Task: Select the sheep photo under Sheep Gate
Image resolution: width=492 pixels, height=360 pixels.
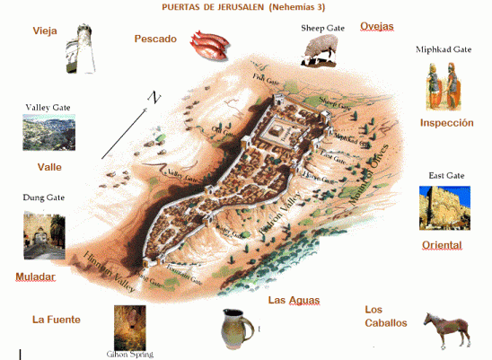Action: pos(320,49)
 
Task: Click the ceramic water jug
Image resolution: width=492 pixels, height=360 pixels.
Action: pos(236,328)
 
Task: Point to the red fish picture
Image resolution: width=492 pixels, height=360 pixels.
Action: pos(209,43)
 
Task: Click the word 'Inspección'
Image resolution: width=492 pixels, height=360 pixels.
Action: pos(446,122)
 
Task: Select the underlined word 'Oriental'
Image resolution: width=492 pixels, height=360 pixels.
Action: pos(442,245)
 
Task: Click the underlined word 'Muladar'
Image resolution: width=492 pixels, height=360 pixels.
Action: pos(35,277)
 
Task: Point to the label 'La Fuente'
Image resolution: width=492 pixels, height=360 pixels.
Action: pos(57,319)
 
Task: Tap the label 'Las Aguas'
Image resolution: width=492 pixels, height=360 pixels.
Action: pos(294,300)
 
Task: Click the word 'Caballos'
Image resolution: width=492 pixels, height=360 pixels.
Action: pos(386,322)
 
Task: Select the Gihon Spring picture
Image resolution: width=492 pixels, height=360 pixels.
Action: pos(129,327)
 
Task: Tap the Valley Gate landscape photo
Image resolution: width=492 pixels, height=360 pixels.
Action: pos(48,132)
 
